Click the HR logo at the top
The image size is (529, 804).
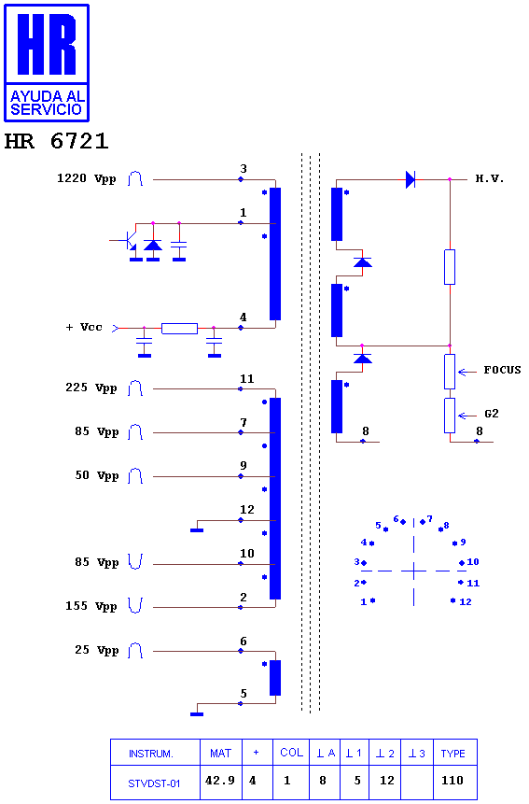pos(47,63)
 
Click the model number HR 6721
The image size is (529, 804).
pos(56,141)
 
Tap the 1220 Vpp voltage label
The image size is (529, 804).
pos(86,178)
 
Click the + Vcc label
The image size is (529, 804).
pos(84,327)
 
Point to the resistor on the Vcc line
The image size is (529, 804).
pos(179,328)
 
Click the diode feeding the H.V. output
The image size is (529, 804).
pos(411,179)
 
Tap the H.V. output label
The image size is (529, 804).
pos(490,178)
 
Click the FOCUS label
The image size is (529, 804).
pos(502,370)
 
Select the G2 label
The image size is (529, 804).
pos(491,414)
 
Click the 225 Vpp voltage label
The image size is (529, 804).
pos(90,388)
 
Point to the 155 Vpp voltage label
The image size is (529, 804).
pos(90,606)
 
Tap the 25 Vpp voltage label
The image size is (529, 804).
pos(96,650)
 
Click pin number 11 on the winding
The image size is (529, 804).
pos(247,379)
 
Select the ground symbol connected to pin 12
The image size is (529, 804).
pos(197,530)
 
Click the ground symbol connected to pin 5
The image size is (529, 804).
pos(197,713)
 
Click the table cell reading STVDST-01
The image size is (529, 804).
pos(154,783)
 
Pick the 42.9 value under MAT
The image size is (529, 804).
pos(219,781)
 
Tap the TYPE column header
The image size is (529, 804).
pos(452,754)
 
